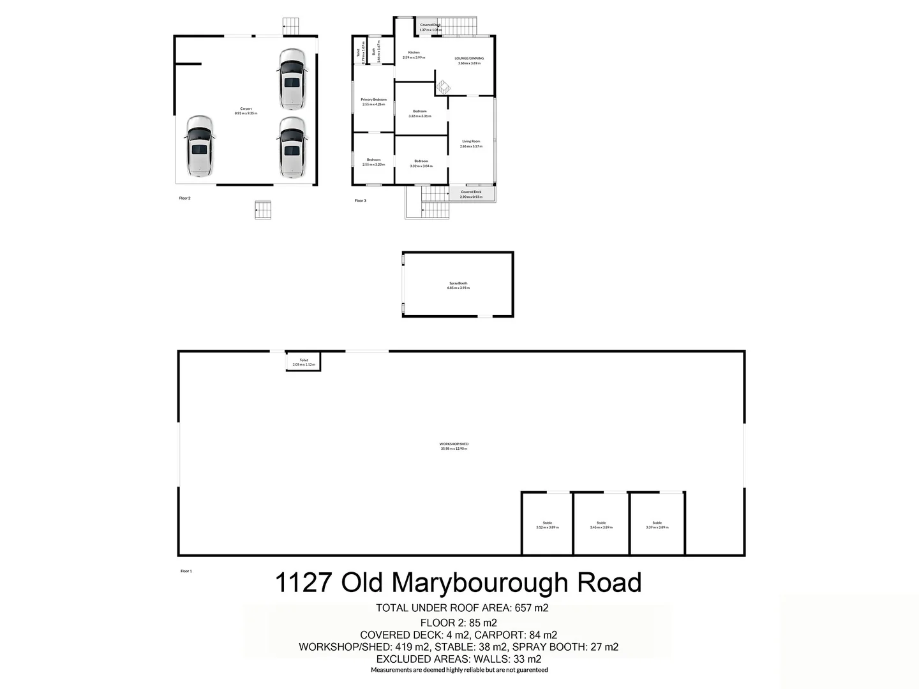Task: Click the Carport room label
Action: point(246,109)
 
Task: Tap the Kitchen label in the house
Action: point(414,52)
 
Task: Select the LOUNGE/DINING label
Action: point(469,59)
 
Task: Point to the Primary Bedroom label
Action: point(373,100)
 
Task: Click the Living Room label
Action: point(471,142)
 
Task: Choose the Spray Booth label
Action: point(458,283)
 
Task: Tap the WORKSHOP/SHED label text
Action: point(454,444)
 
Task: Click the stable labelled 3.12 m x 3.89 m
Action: point(547,524)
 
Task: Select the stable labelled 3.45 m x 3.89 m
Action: point(601,524)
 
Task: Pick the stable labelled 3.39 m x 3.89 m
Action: point(657,524)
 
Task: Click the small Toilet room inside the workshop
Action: point(303,362)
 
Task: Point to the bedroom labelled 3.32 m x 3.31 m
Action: point(420,114)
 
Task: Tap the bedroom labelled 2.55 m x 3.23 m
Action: point(373,162)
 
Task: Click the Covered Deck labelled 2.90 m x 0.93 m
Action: point(471,194)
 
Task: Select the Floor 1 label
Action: point(186,571)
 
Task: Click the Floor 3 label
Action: point(360,201)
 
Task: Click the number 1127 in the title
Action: point(303,583)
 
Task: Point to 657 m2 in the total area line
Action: point(532,608)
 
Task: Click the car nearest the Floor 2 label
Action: point(200,146)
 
